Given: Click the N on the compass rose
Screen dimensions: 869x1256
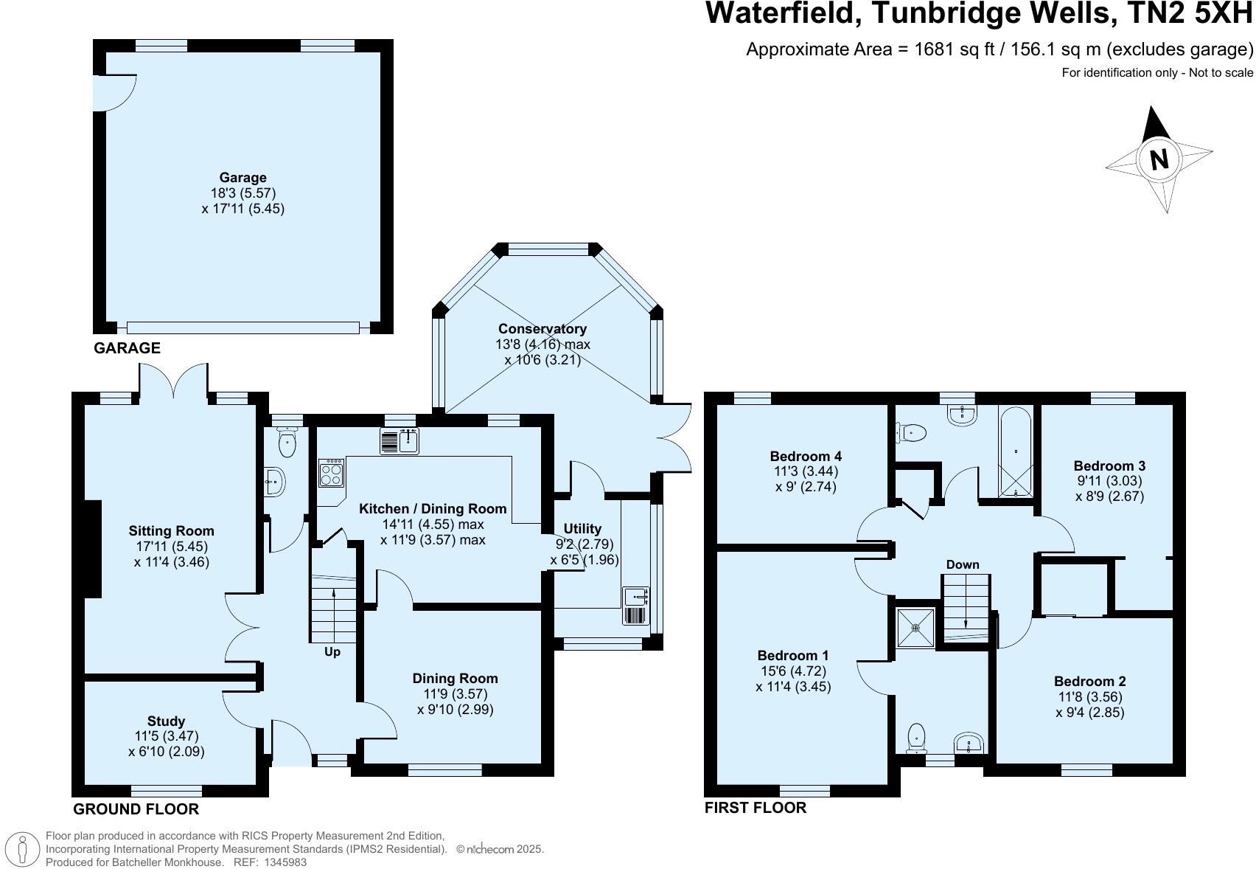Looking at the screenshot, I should (1159, 159).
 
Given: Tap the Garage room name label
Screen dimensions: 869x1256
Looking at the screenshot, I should (243, 177).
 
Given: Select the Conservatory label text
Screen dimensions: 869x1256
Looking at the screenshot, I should (542, 329).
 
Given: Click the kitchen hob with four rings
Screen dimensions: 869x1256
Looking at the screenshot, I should (331, 472).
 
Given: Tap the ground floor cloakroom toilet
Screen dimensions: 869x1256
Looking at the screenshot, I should (287, 444).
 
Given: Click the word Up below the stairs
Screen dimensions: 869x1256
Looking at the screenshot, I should (332, 652).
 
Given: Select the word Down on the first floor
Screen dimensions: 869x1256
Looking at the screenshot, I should (963, 564).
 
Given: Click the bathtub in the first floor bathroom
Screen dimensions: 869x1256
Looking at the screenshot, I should (1016, 451).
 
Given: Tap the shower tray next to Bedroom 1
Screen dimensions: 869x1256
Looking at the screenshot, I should (915, 628).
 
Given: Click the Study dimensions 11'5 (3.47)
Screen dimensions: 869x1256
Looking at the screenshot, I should (166, 736).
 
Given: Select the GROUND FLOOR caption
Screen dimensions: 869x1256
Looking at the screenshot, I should (136, 809).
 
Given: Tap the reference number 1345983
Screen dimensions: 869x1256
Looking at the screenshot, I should (283, 862).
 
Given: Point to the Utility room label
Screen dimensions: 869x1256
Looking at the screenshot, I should (582, 528).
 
